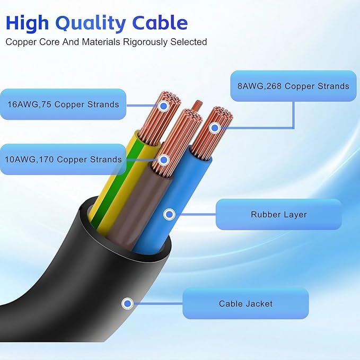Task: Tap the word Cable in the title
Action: click(x=161, y=23)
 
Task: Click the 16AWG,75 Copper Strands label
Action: click(x=63, y=104)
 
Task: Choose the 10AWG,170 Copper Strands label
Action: click(x=64, y=159)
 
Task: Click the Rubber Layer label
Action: click(x=278, y=215)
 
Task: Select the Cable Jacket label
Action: click(x=245, y=304)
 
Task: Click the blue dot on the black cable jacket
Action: click(x=127, y=304)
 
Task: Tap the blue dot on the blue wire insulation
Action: click(x=169, y=215)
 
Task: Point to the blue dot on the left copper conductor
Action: click(x=163, y=106)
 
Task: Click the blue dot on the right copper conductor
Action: click(x=214, y=128)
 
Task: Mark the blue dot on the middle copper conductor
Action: click(x=163, y=159)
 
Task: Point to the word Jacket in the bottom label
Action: click(x=260, y=304)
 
